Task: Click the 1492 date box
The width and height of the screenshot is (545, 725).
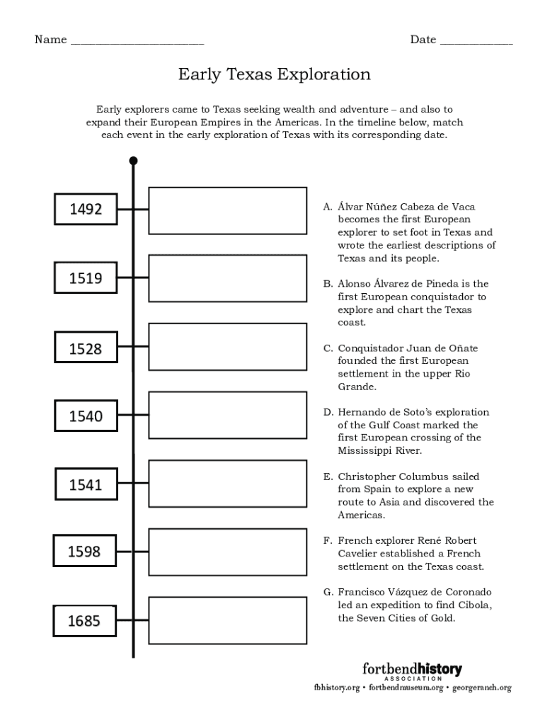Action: coord(86,209)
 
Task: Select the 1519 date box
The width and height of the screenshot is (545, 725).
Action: coord(86,278)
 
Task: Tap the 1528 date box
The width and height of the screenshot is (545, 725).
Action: coord(86,348)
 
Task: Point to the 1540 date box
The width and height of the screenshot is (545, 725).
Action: coord(86,416)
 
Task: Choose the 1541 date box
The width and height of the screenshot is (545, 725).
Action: coord(86,485)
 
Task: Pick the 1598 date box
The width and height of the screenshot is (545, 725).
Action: coord(86,552)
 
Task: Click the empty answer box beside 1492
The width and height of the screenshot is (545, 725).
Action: coord(227,210)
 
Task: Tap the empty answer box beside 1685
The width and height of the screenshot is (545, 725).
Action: coord(227,620)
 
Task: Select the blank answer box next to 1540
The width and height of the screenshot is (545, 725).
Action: coord(227,414)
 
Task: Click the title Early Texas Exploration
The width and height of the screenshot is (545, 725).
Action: coord(274,74)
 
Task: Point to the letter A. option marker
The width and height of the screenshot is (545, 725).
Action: coord(328,207)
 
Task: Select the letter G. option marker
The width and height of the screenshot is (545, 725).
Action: coord(328,592)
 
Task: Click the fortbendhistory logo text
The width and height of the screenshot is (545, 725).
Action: coord(412,668)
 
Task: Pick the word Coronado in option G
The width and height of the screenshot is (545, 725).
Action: coord(466,592)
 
